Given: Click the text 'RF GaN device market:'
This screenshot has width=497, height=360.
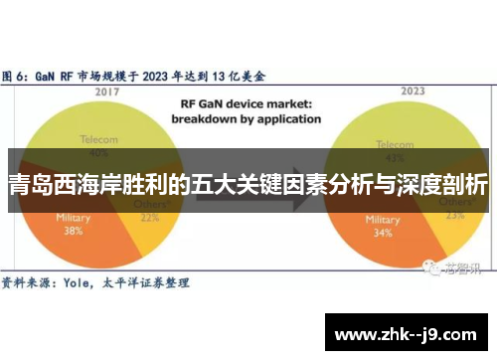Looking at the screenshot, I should point(245,102).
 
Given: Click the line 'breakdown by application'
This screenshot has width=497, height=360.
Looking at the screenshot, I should point(245,118).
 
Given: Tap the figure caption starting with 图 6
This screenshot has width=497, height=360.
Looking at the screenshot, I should point(139,75).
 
